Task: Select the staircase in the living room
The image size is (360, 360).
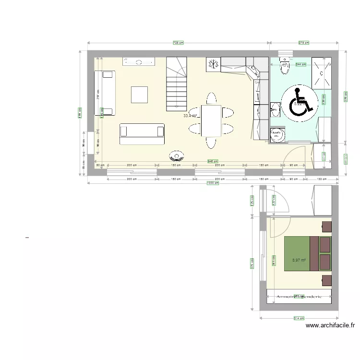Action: [176, 84]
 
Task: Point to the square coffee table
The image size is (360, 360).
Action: [140, 94]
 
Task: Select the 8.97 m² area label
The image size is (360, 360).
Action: [299, 260]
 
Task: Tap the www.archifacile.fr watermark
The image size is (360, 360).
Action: [330, 325]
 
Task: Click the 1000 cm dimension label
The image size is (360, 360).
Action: [212, 182]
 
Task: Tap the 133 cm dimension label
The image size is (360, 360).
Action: [322, 179]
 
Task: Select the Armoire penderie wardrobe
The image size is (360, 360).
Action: [299, 296]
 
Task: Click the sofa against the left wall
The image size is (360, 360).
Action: [105, 93]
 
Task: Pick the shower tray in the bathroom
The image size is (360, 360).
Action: [321, 72]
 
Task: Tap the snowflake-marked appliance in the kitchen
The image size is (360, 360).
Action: [213, 63]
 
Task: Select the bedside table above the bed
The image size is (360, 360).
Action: [326, 226]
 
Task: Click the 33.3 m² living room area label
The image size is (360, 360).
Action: [191, 116]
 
